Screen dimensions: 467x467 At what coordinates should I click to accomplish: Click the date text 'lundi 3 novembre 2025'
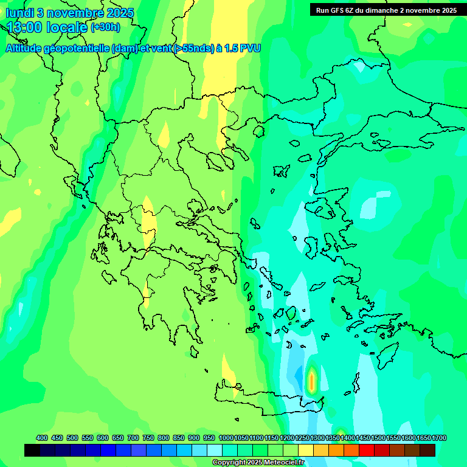pos(70,13)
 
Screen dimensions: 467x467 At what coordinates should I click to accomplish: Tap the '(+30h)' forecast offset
pos(105,27)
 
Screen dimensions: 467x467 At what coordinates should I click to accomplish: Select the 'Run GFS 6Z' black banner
pos(386,10)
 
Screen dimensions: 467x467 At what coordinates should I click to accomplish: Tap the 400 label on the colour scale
pos(42,438)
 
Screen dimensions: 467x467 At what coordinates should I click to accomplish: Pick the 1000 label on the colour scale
pos(226,438)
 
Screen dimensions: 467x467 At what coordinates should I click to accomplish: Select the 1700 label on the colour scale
pos(440,438)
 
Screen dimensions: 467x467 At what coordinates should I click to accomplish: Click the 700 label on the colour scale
pos(133,438)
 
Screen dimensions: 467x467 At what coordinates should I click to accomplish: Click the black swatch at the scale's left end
pos(32,451)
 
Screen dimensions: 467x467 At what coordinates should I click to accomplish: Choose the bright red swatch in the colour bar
pos(367,451)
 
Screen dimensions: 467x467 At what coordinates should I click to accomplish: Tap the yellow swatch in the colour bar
pos(306,451)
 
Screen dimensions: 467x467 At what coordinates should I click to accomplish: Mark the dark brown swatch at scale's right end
pos(427,451)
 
